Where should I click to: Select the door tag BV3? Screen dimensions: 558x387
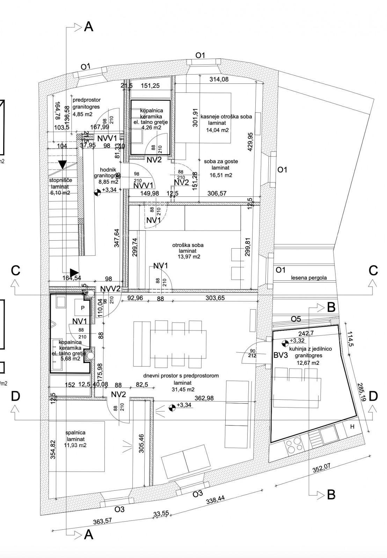280,355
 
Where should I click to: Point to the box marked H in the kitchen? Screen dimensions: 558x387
352,427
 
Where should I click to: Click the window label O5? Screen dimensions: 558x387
296,319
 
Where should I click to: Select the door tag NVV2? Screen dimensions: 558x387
110,289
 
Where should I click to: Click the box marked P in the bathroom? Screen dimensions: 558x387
82,308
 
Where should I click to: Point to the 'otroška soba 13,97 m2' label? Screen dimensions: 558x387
188,251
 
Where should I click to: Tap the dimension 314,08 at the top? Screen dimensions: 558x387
219,79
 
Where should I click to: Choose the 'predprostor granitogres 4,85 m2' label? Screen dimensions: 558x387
86,107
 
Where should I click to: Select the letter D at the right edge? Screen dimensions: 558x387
373,396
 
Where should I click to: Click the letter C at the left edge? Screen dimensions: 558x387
16,270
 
